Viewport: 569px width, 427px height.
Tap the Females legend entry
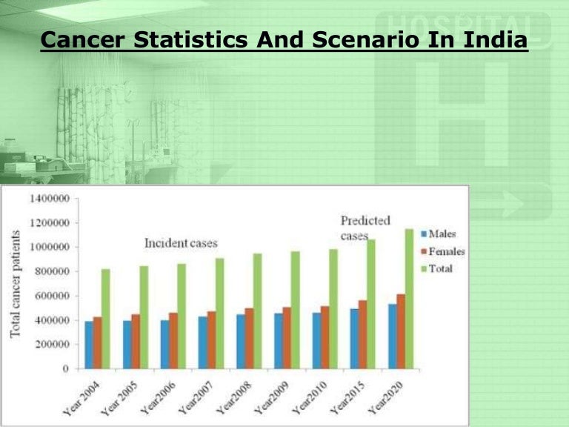(445, 252)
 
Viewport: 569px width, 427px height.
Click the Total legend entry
(440, 269)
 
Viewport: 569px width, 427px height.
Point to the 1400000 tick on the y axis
(50, 199)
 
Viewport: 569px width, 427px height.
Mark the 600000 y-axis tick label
(53, 296)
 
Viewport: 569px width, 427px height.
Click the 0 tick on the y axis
(66, 368)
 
